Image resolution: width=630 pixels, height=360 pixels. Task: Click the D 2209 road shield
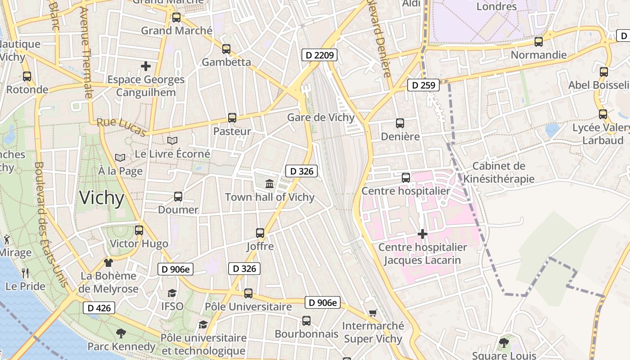319,55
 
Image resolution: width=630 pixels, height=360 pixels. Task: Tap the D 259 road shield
423,85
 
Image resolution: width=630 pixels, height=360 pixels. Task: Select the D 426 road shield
99,308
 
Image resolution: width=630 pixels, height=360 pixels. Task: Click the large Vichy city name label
101,198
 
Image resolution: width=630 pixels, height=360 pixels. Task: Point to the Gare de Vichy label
321,117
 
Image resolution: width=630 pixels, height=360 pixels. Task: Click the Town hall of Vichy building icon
270,184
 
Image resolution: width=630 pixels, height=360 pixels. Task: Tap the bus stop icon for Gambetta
226,49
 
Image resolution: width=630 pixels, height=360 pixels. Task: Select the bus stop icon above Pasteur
232,118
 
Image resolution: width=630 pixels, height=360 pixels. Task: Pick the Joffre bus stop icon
260,233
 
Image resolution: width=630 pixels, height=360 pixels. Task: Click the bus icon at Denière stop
400,123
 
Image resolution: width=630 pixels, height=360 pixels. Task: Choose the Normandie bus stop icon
539,42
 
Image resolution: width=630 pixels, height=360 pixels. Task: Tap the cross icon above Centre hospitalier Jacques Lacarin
422,234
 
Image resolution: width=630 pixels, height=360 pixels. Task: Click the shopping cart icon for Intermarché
373,313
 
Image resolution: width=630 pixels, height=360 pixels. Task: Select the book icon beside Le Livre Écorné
172,140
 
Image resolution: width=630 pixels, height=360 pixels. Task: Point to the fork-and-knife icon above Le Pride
25,273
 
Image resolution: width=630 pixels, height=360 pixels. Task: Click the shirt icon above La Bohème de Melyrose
108,262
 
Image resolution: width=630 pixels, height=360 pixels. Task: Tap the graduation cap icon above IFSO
172,293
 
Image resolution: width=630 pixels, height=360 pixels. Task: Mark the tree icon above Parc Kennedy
121,333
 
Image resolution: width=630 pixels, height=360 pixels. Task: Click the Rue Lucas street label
121,126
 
